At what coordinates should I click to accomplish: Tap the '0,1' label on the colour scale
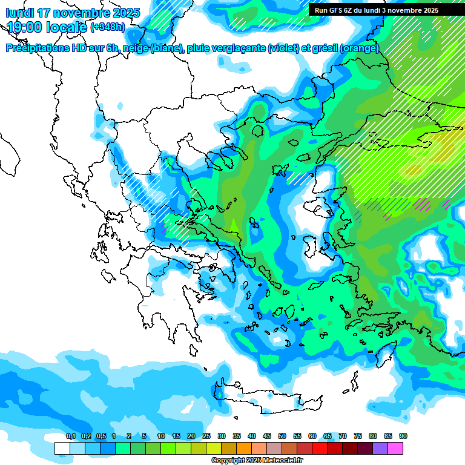pos(70,436)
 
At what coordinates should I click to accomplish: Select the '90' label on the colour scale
pos(403,436)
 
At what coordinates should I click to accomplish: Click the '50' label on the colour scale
pos(282,436)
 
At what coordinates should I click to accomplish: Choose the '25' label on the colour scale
pos(206,436)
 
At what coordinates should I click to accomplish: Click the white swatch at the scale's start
pos(62,448)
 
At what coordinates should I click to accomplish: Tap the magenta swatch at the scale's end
pos(396,448)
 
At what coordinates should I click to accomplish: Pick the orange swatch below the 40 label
pos(244,448)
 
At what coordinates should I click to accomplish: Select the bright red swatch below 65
pos(320,448)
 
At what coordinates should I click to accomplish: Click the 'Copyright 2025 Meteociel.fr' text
pos(257,461)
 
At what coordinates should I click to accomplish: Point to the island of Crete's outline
pos(266,397)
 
